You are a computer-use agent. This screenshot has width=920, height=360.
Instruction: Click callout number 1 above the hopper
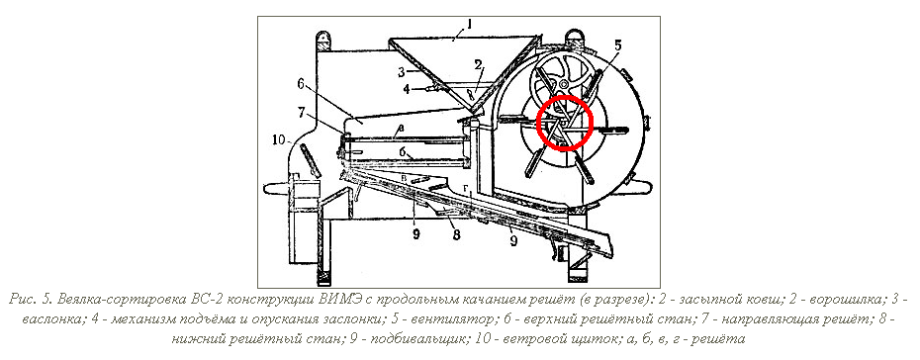469,24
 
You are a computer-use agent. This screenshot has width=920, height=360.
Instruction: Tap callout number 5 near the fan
618,45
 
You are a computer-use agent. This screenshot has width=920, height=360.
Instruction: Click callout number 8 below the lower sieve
456,235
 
